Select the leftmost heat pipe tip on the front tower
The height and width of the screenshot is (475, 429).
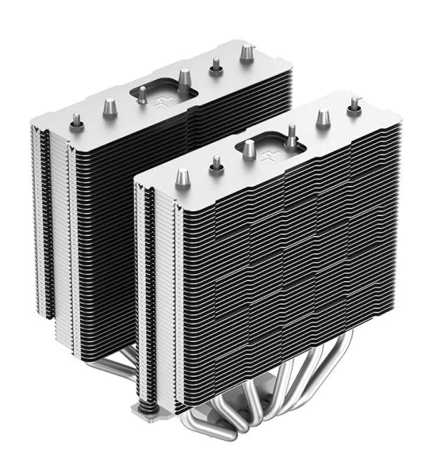(182, 176)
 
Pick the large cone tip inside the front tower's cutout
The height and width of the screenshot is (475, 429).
(249, 147)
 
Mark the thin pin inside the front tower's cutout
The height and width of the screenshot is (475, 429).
(291, 131)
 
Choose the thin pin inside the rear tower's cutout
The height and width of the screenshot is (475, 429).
(141, 94)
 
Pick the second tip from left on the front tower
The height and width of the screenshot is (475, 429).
(216, 165)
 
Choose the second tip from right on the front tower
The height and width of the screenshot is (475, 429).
(323, 117)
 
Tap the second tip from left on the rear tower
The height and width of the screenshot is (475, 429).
(109, 106)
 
